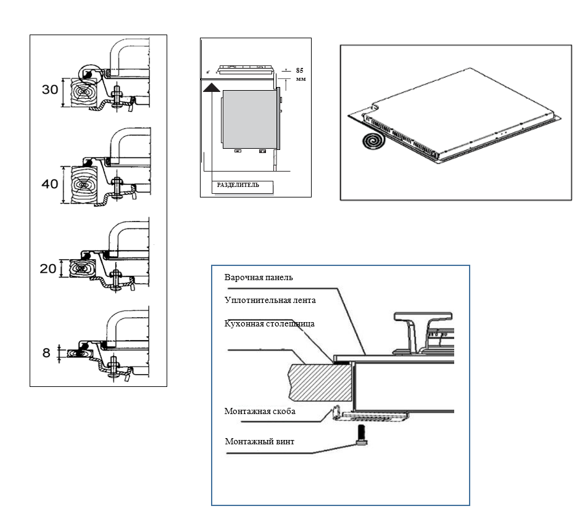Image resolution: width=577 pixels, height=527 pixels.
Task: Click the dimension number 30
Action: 50,89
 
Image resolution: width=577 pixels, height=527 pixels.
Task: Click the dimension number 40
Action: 50,184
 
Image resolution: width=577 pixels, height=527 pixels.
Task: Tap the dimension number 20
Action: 48,268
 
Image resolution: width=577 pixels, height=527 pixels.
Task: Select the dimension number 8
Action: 46,353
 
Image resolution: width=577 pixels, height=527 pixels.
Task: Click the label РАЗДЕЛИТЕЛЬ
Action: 238,185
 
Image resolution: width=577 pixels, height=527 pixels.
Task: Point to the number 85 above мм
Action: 299,70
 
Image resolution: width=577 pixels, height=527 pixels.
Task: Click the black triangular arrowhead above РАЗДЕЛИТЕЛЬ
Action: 212,88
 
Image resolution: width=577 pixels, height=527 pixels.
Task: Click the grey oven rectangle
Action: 250,120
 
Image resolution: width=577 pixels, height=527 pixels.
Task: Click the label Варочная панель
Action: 259,278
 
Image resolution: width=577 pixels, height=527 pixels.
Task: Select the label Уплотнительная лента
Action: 270,301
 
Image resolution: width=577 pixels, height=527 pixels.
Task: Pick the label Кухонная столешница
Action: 269,324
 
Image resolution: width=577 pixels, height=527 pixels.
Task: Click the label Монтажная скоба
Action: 260,412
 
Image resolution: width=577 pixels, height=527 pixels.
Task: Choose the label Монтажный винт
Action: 260,442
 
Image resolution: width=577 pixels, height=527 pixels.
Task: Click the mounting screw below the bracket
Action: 362,434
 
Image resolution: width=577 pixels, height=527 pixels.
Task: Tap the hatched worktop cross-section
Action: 320,383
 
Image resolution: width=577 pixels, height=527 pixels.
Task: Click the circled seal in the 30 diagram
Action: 88,75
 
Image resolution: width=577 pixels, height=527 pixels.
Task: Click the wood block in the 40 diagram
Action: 83,185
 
